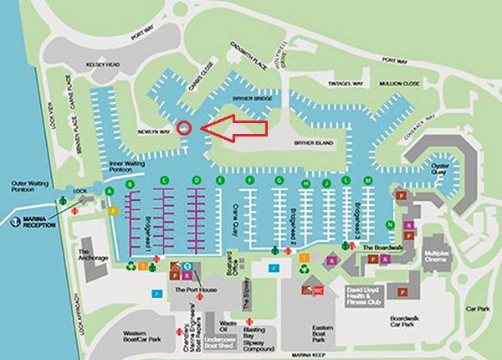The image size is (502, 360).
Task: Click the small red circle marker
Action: (185, 128)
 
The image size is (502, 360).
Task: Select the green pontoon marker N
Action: (390, 225)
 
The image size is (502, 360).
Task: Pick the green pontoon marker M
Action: (367, 181)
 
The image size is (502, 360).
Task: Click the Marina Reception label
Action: (32, 224)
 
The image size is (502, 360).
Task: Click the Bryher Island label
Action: (314, 143)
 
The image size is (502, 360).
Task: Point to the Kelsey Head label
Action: (103, 64)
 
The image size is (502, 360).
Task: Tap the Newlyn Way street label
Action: (153, 131)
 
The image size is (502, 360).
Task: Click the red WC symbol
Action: (319, 290)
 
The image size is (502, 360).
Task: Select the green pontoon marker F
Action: (249, 181)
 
